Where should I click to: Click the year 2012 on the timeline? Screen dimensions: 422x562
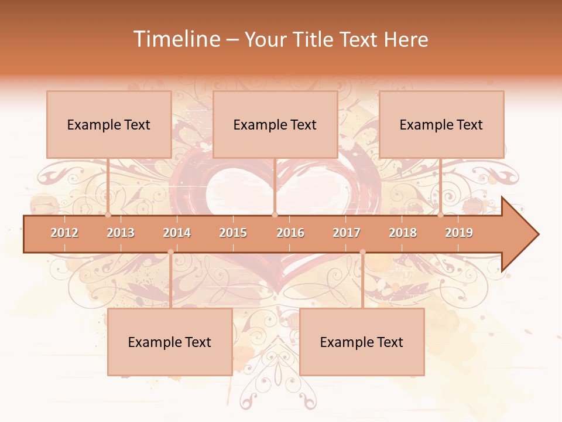point(64,233)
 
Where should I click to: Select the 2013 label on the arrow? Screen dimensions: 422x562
point(121,233)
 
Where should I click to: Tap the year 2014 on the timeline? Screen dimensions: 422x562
point(177,233)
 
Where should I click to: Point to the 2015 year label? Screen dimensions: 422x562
point(233,233)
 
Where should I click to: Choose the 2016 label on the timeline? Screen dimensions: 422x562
point(290,233)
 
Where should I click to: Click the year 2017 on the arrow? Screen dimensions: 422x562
point(347,233)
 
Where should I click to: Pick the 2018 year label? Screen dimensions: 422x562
point(403,233)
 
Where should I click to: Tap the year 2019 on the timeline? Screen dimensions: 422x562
point(459,233)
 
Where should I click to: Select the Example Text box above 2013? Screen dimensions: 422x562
point(109,124)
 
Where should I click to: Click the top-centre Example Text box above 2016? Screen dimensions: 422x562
point(275,124)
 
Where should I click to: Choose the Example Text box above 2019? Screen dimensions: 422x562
point(441,124)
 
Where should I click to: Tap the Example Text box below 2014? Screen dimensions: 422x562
point(170,342)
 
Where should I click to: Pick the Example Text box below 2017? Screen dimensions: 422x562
point(362,342)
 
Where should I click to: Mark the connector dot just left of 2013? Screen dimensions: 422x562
point(108,215)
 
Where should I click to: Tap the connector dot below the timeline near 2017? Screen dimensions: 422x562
point(362,252)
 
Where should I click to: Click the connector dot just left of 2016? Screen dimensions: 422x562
point(275,215)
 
